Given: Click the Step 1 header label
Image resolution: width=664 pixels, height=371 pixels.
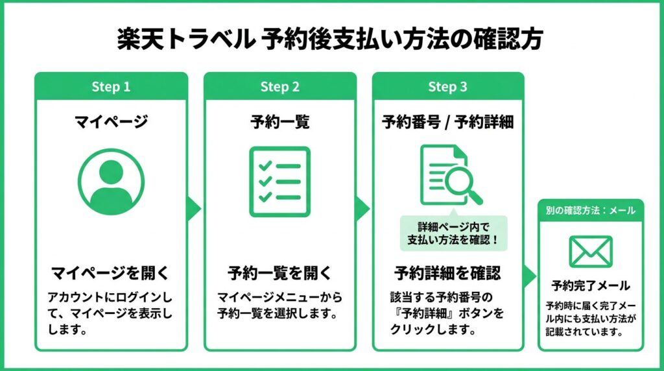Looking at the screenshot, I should click(x=111, y=87).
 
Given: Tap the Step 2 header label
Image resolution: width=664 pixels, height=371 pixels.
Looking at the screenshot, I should click(x=279, y=87).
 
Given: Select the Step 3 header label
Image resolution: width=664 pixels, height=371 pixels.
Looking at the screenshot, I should click(x=447, y=87).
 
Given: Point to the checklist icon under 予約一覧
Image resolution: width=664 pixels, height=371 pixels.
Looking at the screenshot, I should click(x=279, y=182).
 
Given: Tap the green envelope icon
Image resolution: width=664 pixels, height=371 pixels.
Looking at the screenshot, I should click(x=591, y=251).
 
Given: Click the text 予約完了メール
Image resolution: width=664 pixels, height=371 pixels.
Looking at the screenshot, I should click(x=591, y=285).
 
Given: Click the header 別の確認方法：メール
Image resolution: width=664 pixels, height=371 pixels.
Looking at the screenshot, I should click(x=591, y=210).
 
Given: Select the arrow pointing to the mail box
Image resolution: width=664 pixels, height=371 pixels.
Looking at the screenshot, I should click(x=530, y=275).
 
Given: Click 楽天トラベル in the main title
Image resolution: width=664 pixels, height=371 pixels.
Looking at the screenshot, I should click(x=184, y=40).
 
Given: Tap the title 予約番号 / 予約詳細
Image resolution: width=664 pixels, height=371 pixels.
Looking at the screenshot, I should click(x=447, y=121).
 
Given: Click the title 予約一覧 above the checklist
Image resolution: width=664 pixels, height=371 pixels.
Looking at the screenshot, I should click(x=279, y=121).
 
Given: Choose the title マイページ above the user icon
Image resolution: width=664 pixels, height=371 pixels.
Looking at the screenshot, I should click(x=111, y=121).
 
